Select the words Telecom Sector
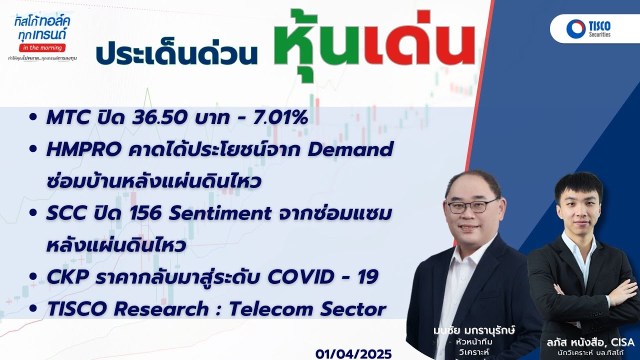[307, 309]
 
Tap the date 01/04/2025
[353, 353]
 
